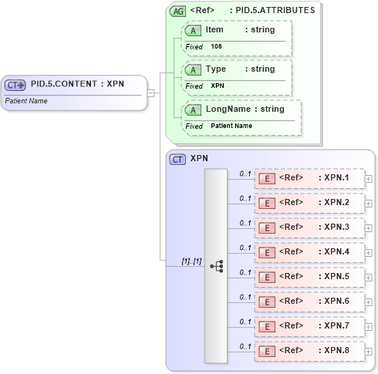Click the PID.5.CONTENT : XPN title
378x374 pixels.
77,85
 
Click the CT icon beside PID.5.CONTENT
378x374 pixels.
15,85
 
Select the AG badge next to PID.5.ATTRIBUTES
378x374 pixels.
177,11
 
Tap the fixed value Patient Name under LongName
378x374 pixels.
231,126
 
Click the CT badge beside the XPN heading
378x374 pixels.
177,159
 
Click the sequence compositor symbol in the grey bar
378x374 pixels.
216,266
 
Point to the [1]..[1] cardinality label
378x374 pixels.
191,261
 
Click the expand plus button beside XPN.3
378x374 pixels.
369,228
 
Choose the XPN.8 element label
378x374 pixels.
336,350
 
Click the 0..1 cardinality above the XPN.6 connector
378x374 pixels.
245,297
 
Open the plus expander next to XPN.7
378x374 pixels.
369,327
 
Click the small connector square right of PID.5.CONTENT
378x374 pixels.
151,93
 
